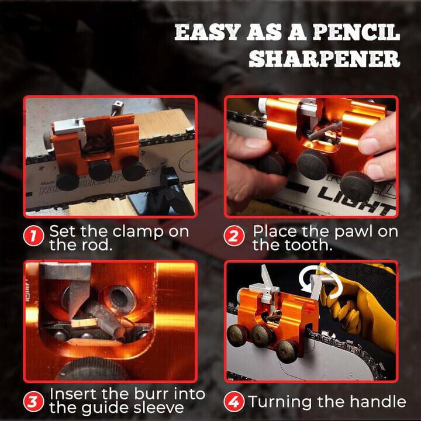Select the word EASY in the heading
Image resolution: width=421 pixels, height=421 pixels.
tap(205, 33)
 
